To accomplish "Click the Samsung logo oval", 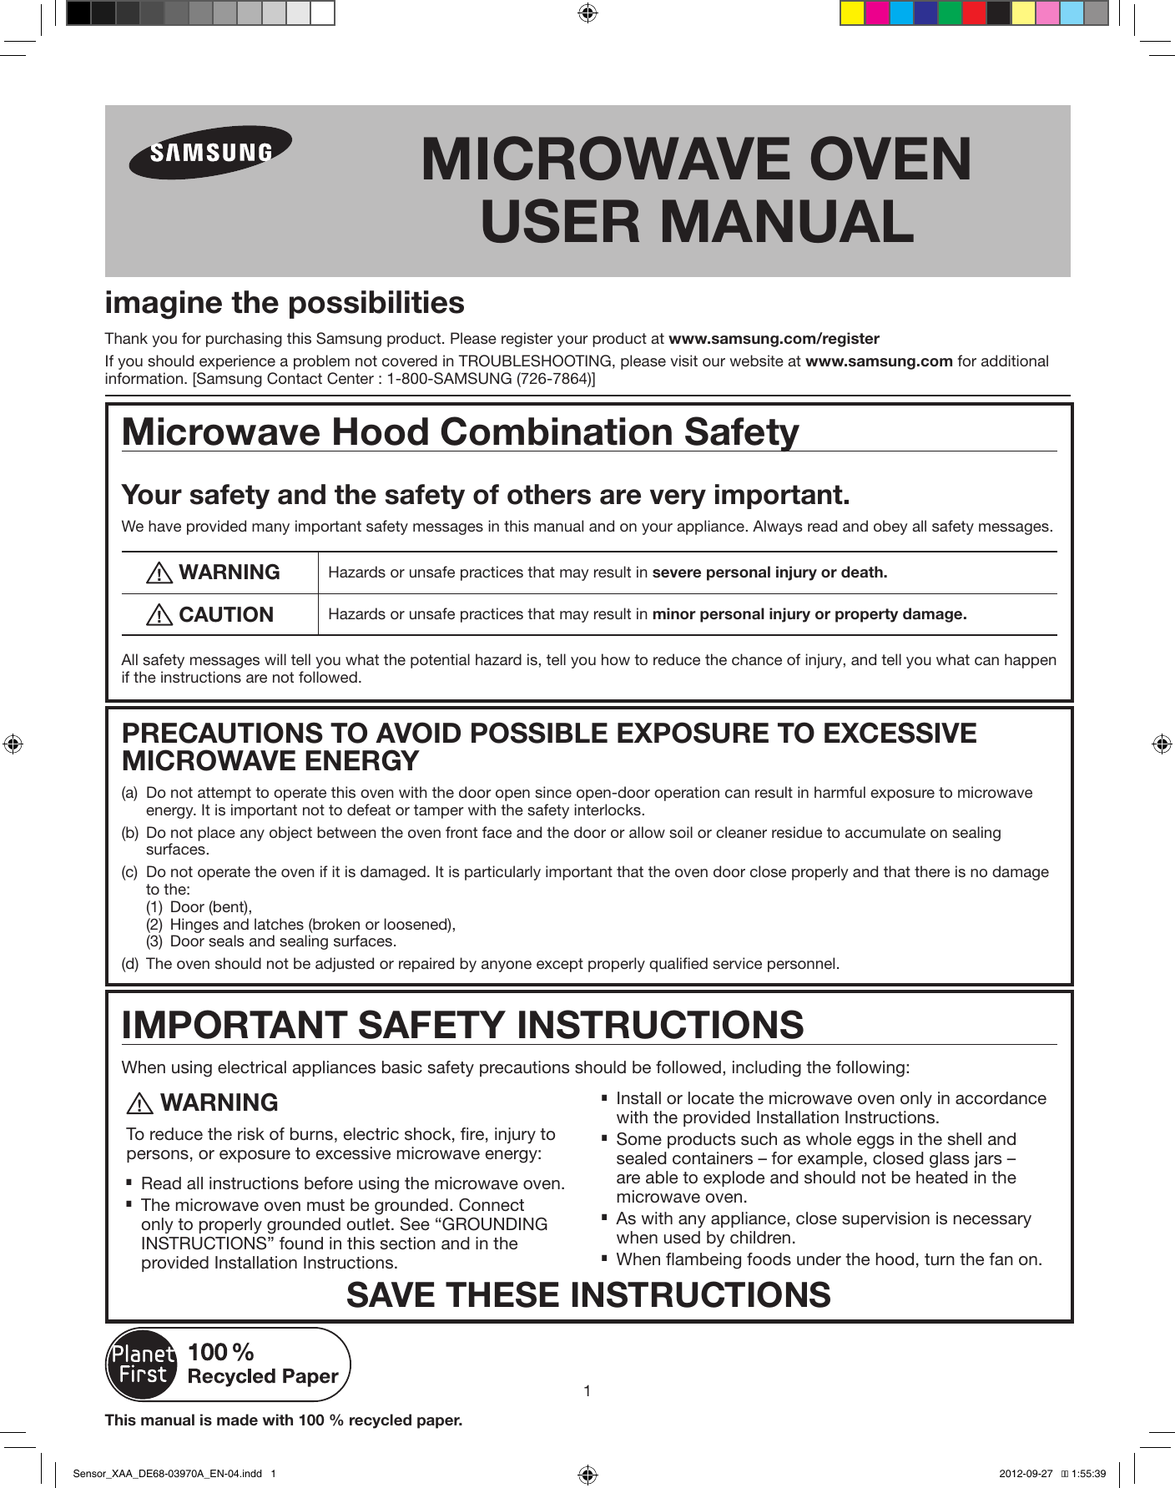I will click(210, 152).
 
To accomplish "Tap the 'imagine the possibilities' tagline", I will click(285, 303).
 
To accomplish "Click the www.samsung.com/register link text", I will click(774, 339).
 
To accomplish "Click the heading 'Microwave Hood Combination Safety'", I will click(460, 432).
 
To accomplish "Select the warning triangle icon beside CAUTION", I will click(159, 615).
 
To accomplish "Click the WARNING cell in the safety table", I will click(219, 573).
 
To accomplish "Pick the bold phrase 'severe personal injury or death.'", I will click(769, 573).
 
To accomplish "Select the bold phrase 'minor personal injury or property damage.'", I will click(809, 614).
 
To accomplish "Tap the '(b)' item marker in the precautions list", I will click(129, 833).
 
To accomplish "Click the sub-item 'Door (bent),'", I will click(210, 907).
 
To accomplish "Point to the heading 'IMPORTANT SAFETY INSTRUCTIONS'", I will click(462, 1025).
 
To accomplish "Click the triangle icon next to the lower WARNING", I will click(139, 1104).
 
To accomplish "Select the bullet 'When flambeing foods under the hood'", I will click(828, 1259).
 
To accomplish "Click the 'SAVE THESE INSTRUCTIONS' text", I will click(588, 1295).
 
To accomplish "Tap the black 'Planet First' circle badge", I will click(143, 1365).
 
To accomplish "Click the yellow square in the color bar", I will click(852, 13).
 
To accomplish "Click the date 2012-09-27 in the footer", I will click(1026, 1474).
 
